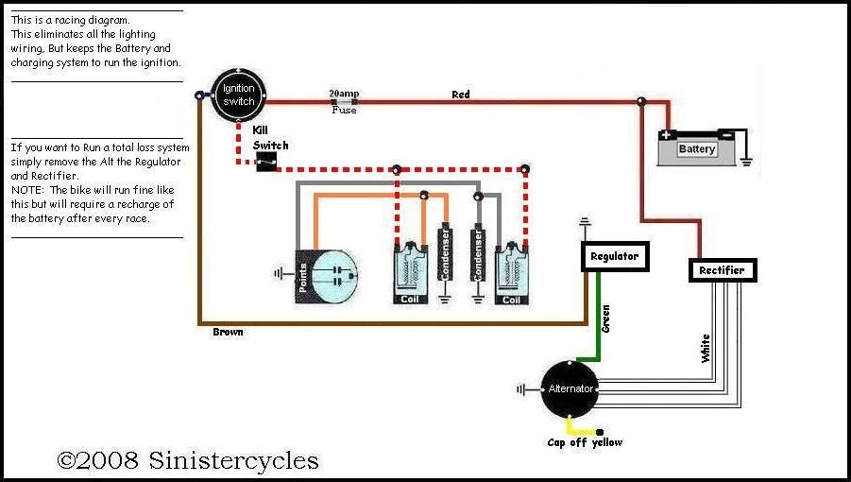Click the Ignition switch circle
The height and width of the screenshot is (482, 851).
click(238, 95)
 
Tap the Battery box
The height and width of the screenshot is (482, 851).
click(697, 148)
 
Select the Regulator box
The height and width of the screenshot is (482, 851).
click(614, 256)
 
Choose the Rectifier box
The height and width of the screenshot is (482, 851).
click(722, 270)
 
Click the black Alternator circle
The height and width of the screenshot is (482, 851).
click(570, 388)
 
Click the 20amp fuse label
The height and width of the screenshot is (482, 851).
click(344, 95)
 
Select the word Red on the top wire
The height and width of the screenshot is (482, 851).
click(461, 95)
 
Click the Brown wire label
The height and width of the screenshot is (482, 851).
click(229, 333)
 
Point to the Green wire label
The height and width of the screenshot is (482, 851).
click(605, 318)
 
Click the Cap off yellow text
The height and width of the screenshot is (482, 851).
click(585, 442)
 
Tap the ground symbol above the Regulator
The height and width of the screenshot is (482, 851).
click(586, 223)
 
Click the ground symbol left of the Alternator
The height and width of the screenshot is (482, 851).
click(522, 388)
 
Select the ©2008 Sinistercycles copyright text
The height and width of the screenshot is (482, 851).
click(188, 460)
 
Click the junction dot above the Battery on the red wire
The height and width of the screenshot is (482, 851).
click(641, 100)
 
